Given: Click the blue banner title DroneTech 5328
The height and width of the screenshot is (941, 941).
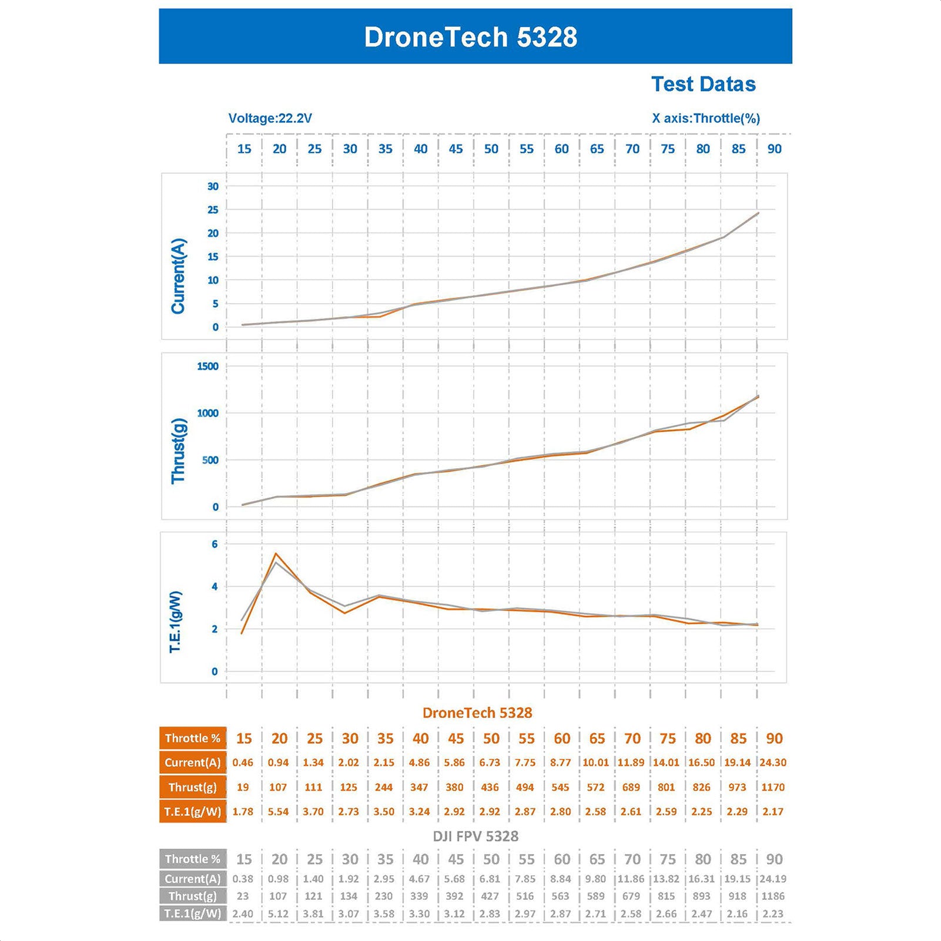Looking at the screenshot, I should point(470,37).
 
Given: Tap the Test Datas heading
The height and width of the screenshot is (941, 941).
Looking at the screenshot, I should point(703,84).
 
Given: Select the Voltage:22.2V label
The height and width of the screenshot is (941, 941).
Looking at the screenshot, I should point(270,118).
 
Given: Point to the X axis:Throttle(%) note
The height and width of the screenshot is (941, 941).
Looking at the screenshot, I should point(705,118).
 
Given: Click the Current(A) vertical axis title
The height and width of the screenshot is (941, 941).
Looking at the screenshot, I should point(178,275).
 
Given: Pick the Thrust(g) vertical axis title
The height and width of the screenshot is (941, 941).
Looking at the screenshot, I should point(178,451).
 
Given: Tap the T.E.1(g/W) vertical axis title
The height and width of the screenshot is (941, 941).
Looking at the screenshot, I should point(176,621).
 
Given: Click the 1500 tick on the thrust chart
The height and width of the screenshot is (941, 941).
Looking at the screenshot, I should point(207,366).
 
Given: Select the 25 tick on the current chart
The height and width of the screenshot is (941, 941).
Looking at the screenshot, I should point(212,210).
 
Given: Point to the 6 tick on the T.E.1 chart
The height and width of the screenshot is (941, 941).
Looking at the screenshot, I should point(215,544).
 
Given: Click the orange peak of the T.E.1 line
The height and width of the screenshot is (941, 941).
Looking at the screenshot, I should point(276,553).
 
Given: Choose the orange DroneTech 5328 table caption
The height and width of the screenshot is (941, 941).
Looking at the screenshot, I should point(477,713).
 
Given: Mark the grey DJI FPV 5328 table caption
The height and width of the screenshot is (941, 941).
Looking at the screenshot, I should point(475,836).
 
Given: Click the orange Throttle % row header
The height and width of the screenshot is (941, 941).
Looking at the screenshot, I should point(192,738).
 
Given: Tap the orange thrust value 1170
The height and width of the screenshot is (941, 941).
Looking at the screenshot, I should point(772,787).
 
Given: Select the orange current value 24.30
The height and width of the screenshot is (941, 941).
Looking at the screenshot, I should point(772,762).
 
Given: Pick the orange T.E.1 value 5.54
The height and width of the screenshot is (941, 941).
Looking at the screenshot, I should point(278,811).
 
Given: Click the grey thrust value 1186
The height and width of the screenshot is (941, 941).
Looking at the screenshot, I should point(772,896).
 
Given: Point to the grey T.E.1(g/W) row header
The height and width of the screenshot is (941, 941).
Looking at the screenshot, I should point(192,913).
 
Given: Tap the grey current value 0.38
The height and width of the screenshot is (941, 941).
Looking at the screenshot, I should point(243,879).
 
